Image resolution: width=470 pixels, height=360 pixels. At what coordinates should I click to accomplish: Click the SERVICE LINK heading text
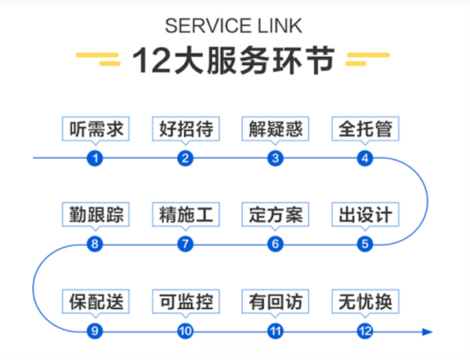(x=233, y=26)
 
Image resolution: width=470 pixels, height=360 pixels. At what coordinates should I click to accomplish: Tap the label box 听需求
(x=96, y=129)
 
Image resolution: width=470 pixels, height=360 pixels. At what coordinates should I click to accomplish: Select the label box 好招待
(x=186, y=129)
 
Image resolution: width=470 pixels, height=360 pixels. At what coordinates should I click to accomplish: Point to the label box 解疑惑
(x=276, y=129)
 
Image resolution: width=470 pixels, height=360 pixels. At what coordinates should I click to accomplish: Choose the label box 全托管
(x=365, y=129)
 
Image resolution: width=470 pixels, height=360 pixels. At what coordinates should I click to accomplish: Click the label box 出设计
(x=365, y=214)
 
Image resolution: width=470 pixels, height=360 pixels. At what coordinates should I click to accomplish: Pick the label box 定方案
(x=276, y=214)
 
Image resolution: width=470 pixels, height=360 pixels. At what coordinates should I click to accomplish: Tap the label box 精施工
(x=186, y=214)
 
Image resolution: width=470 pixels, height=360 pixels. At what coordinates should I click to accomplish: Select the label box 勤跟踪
(x=96, y=214)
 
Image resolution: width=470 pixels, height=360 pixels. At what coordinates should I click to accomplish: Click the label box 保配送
(x=96, y=301)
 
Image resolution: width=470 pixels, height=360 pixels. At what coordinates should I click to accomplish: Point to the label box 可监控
(x=186, y=301)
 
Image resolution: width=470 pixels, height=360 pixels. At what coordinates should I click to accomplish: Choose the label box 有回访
(x=276, y=301)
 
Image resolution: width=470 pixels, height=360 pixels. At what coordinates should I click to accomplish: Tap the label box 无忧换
(x=365, y=301)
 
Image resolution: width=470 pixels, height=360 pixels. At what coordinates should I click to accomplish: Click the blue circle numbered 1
(x=95, y=158)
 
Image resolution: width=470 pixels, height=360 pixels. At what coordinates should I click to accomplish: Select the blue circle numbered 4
(x=365, y=158)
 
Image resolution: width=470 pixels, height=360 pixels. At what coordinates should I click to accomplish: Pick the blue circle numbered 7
(x=185, y=244)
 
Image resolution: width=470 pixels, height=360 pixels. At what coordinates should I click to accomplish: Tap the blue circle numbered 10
(x=185, y=331)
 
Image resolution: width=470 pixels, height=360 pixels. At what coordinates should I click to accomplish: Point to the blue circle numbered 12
(x=365, y=331)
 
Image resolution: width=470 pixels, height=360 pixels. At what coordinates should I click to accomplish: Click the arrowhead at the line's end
(x=428, y=332)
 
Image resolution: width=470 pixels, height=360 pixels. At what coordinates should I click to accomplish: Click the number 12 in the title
(x=152, y=60)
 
